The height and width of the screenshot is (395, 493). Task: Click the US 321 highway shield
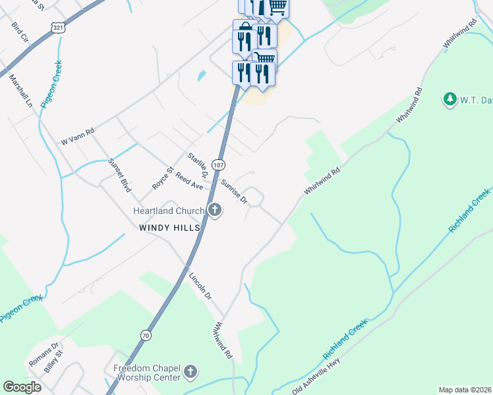point(57,28)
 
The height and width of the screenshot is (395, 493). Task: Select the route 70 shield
point(145,335)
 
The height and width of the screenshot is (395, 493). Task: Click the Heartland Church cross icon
point(214,211)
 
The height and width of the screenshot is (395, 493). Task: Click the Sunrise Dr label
point(234,191)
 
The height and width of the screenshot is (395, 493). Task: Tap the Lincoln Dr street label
point(200,286)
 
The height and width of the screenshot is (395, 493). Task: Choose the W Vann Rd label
point(78,136)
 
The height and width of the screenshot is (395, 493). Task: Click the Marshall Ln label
point(20,90)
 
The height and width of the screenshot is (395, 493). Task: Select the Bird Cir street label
point(20,34)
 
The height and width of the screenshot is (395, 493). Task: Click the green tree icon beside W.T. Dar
point(450,99)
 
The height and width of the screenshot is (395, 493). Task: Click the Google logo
point(22,386)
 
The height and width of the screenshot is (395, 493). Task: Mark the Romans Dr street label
point(45,354)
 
